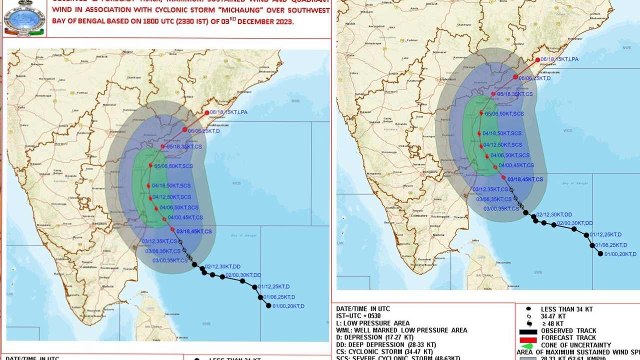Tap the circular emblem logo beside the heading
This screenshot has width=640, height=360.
coord(24,18)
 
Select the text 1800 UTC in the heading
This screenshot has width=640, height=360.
coord(165,22)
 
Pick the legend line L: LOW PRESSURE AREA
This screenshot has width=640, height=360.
coord(372,323)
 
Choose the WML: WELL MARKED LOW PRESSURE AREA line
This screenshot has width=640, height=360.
coord(401,330)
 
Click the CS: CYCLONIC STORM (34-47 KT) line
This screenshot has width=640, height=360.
coord(384,351)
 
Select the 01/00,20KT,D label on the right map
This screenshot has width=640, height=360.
coord(620,254)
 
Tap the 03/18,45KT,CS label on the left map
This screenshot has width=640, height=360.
coord(194,231)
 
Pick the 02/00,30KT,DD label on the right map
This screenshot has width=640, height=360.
coord(575,223)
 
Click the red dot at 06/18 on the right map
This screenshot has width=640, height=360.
coord(538,60)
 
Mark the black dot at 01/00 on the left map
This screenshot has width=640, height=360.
coord(268,305)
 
